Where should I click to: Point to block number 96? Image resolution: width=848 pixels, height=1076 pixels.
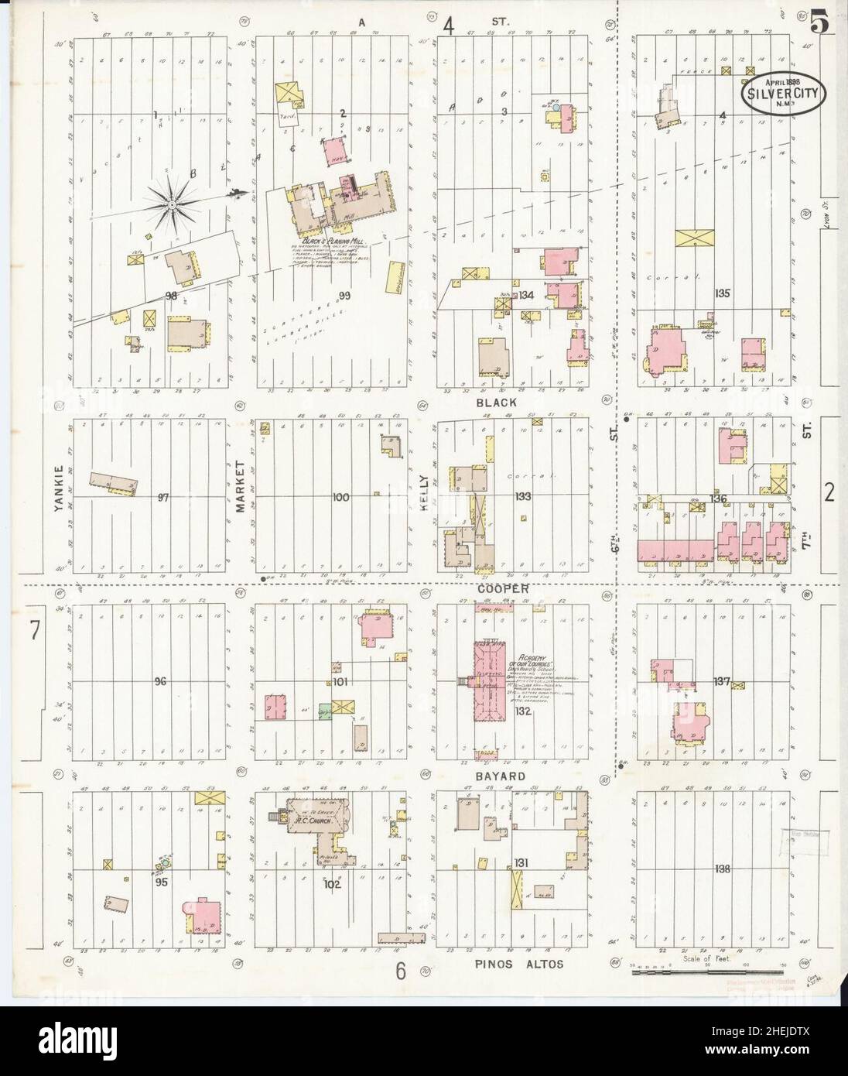point(160,682)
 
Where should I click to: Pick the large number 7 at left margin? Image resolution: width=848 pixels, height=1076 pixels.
point(34,631)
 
